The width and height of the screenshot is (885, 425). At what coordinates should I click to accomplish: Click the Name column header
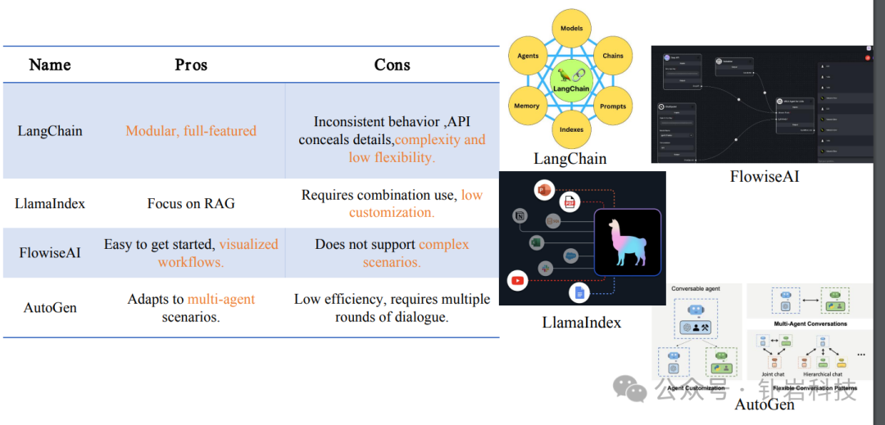50,65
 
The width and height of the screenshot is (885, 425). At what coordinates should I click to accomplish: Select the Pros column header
191,65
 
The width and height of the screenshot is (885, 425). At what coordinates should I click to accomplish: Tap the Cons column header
392,65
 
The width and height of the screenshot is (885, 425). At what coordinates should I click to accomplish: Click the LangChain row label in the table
50,131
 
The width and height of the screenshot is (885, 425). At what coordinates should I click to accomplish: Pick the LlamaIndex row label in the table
50,204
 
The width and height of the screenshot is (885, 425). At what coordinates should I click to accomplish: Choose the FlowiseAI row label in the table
50,252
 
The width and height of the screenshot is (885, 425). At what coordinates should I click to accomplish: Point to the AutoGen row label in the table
50,308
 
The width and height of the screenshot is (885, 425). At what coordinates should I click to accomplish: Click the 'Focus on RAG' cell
191,204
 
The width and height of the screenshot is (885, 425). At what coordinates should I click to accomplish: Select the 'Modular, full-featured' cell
191,131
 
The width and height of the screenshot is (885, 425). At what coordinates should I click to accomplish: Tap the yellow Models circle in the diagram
571,29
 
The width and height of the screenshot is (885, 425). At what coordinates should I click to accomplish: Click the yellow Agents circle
529,57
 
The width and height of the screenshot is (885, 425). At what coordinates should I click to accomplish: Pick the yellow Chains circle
613,57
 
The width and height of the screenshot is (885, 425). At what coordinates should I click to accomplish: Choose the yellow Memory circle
527,106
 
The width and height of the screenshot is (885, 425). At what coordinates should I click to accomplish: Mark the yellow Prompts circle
613,106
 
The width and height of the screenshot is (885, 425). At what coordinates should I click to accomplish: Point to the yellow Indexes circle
571,129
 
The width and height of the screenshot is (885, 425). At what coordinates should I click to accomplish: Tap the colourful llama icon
628,242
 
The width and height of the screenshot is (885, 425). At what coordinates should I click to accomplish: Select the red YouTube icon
517,281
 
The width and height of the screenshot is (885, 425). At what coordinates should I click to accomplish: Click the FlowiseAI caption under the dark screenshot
764,176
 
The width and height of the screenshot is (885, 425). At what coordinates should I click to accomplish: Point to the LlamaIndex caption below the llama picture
581,323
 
